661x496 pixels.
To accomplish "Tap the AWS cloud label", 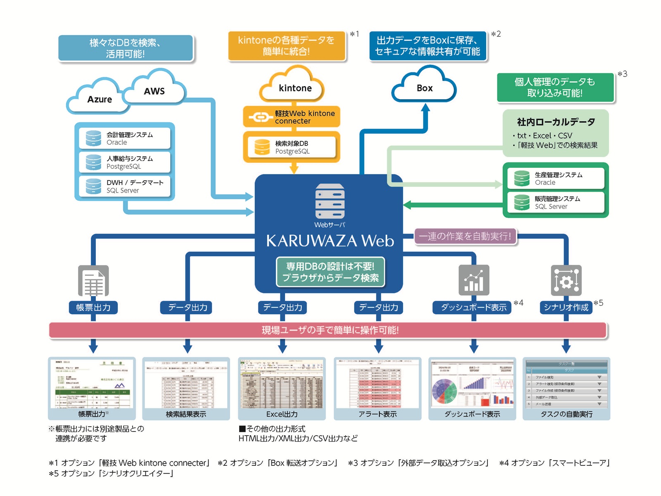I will (x=154, y=91).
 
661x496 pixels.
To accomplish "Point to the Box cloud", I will (x=424, y=88).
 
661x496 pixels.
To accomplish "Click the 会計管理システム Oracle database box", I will (x=125, y=138).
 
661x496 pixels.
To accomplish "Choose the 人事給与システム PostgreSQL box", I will (x=125, y=162).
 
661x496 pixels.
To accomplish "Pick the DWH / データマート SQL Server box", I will (x=125, y=186).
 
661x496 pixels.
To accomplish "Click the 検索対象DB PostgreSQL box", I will (x=292, y=147).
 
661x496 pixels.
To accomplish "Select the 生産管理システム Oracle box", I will (x=556, y=179).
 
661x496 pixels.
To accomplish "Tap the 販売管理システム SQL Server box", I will (x=556, y=203).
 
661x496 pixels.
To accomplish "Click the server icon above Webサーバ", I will (x=330, y=201).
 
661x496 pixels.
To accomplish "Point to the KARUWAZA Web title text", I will (x=330, y=241).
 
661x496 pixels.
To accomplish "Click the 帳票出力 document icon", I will (x=94, y=281).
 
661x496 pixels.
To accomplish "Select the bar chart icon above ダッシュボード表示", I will (x=474, y=280).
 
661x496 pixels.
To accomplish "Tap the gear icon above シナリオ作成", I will (x=566, y=280).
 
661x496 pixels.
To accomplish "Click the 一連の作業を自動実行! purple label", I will (x=465, y=236).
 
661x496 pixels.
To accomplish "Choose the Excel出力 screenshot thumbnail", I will (x=282, y=384).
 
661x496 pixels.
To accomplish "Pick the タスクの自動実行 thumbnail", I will (x=566, y=384).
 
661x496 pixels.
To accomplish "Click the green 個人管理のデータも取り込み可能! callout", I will (x=555, y=88).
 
